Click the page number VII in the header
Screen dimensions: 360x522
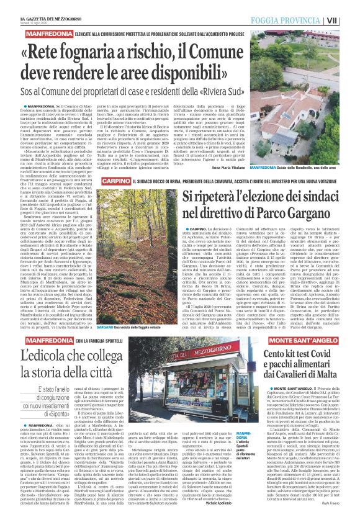tap(352, 20)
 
